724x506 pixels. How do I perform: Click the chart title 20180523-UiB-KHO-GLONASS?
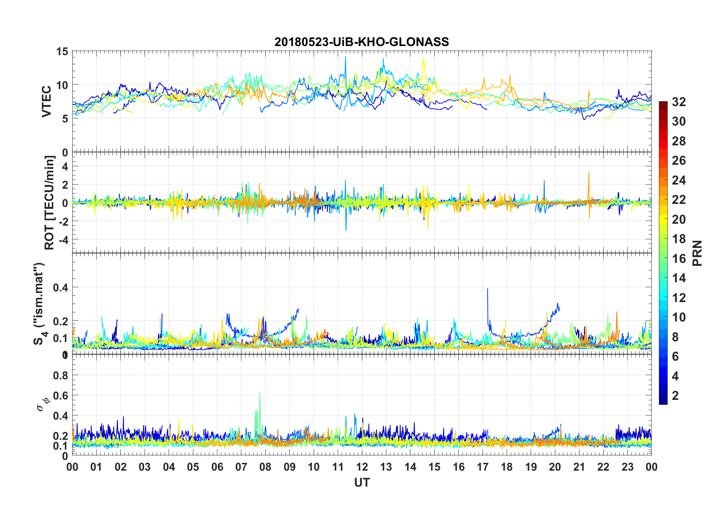coord(362,42)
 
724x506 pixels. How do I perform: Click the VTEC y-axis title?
coord(46,102)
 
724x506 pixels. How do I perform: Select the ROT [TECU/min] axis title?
coord(49,202)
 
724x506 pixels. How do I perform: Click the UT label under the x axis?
coord(362,483)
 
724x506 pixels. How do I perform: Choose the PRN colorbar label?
coord(697,253)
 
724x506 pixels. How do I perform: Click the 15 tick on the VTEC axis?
coord(62,52)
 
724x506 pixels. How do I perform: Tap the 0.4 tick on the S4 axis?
coord(61,288)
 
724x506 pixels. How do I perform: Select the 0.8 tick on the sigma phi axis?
coord(61,376)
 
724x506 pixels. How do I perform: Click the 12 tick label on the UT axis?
coord(362,467)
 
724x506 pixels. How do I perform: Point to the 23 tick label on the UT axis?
coord(627,467)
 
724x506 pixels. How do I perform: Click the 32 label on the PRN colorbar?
coord(679,102)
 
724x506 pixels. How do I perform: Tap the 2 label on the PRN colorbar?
coord(675,396)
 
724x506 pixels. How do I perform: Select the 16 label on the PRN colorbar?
coord(679,259)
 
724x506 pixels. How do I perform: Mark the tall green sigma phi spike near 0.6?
coord(260,394)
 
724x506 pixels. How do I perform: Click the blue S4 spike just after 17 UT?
coord(488,290)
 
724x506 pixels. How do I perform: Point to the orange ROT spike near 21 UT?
coord(588,173)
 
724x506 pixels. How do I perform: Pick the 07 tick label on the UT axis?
coord(241,467)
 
